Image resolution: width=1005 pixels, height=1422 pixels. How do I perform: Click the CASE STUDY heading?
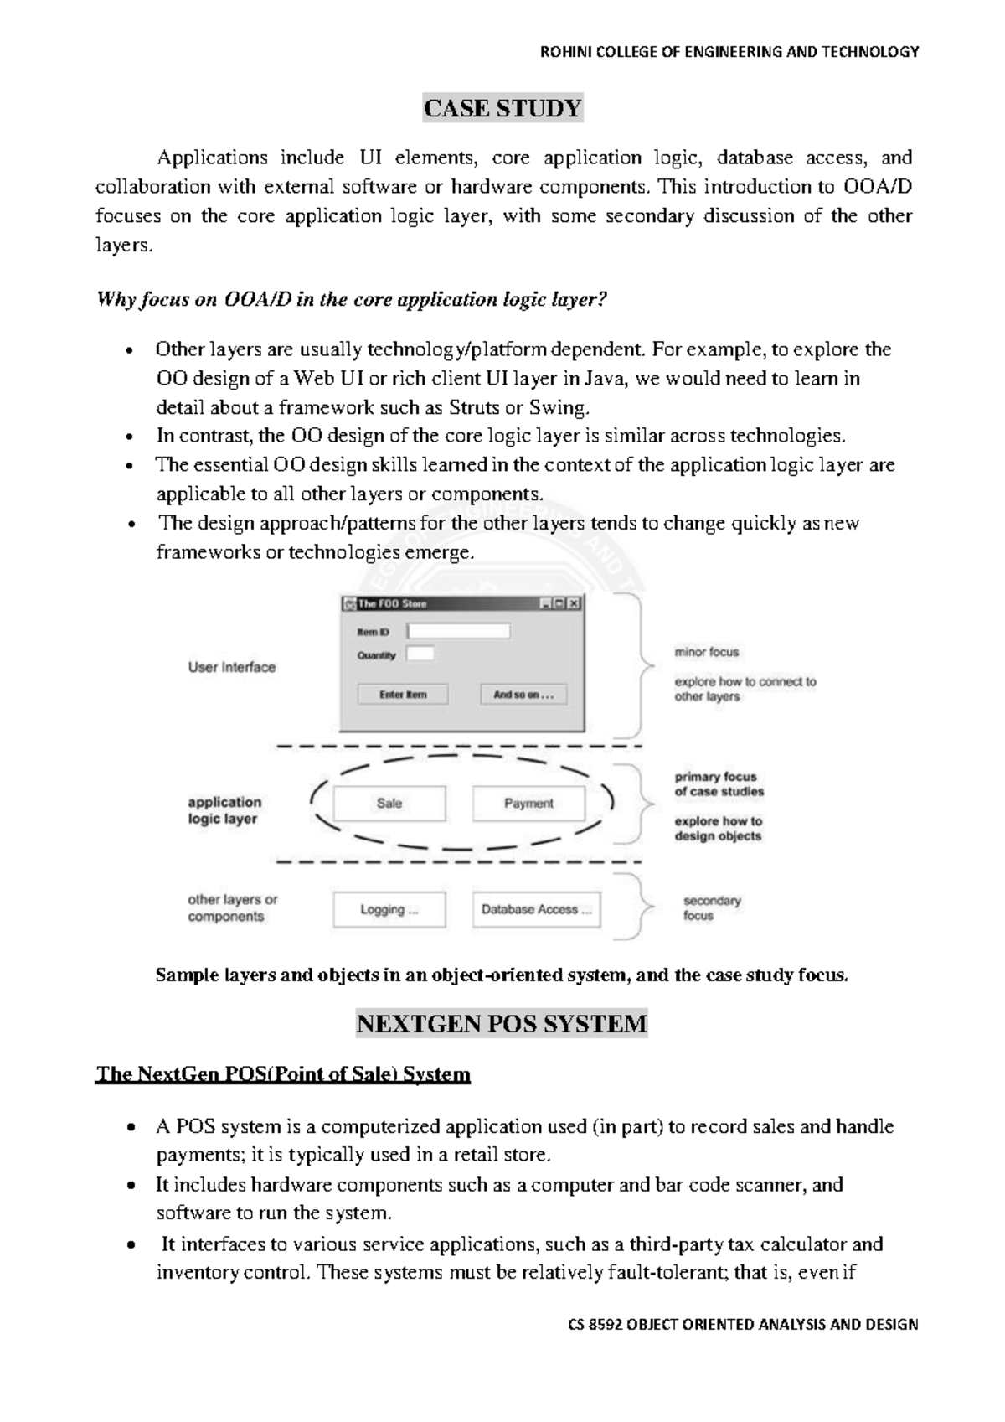point(502,109)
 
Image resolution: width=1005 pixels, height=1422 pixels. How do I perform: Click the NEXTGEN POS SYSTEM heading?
point(502,1024)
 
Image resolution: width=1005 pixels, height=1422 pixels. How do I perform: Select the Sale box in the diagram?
point(389,804)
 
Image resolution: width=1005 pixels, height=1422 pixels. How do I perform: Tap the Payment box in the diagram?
point(528,804)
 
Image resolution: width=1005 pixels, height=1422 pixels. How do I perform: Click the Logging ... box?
point(389,910)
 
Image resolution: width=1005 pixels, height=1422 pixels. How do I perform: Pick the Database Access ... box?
point(536,910)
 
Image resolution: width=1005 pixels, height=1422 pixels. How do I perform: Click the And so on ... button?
point(523,695)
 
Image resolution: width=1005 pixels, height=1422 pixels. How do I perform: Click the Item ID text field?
point(458,631)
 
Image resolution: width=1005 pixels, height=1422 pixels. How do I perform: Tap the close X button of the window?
point(574,603)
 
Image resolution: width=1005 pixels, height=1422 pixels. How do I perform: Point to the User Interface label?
point(231,668)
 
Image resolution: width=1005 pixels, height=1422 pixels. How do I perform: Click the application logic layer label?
point(224,810)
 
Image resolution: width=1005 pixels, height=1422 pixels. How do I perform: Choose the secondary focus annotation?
point(711,908)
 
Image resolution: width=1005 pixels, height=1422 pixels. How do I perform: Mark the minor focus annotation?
point(707,652)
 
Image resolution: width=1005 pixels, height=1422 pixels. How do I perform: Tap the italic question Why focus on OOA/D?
point(351,300)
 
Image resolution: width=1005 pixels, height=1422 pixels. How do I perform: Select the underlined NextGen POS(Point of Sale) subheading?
point(283,1074)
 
